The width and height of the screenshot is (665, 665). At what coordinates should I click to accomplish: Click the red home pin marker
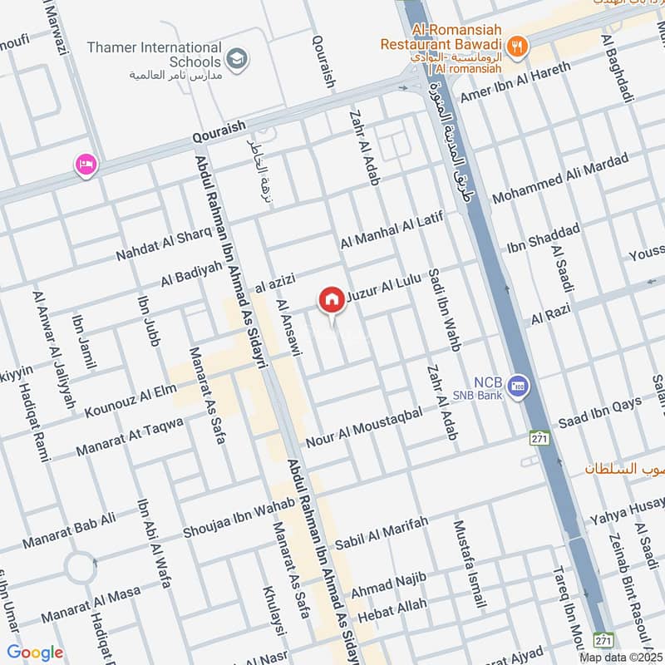[332, 299]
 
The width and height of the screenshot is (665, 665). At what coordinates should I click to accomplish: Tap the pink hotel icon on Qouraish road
[86, 165]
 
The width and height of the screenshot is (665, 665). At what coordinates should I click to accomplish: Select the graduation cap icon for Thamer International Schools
[238, 57]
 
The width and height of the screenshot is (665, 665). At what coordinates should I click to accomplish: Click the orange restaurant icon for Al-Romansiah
[517, 47]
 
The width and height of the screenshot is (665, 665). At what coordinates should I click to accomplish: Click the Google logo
[35, 653]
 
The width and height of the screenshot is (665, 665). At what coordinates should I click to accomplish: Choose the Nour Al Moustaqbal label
[365, 426]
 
